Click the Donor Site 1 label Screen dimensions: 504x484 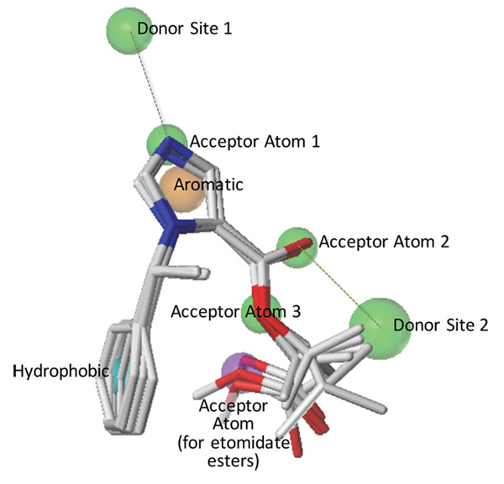coord(185,29)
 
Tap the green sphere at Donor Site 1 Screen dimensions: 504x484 coord(129,31)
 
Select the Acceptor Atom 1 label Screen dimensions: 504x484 coord(255,142)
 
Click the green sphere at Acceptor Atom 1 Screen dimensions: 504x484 coord(167,144)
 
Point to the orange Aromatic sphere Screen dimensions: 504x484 coord(182,190)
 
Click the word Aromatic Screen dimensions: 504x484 coord(208,185)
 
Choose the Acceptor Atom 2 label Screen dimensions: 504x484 coord(384,242)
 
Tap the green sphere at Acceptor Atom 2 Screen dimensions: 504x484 coord(297,247)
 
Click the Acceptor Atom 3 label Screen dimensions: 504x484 coord(236,311)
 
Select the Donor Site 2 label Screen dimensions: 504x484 coord(441,325)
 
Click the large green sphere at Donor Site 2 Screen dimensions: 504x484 coord(381,329)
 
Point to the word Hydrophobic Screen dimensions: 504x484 coord(61,372)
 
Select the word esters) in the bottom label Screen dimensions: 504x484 coord(233,461)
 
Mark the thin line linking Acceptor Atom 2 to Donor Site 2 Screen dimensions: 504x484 coord(339,286)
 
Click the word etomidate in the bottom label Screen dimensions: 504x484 coord(251,443)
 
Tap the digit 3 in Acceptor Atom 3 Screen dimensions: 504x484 coord(296,311)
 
